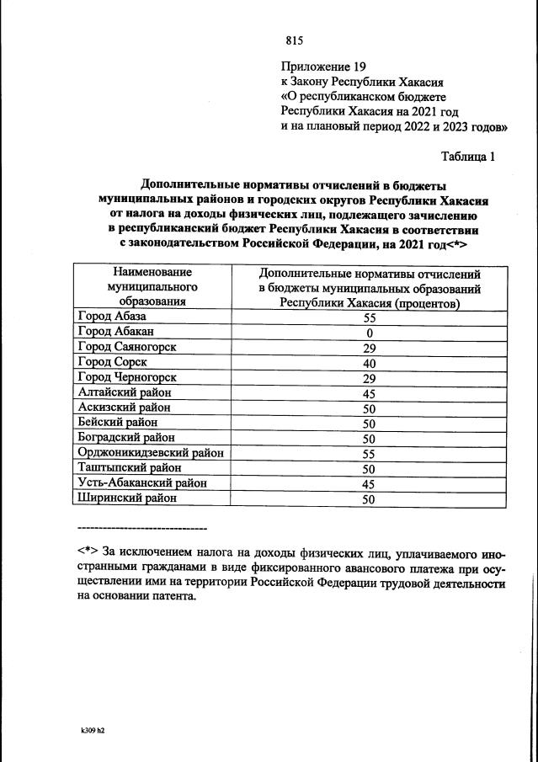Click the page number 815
(x=294, y=40)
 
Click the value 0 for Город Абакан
(x=369, y=333)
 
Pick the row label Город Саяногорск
(x=125, y=348)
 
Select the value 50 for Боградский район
(x=369, y=438)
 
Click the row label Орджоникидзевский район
(x=150, y=453)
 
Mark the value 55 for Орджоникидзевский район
(x=369, y=453)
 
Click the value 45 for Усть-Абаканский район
(x=369, y=483)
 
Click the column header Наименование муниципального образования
(x=152, y=286)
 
